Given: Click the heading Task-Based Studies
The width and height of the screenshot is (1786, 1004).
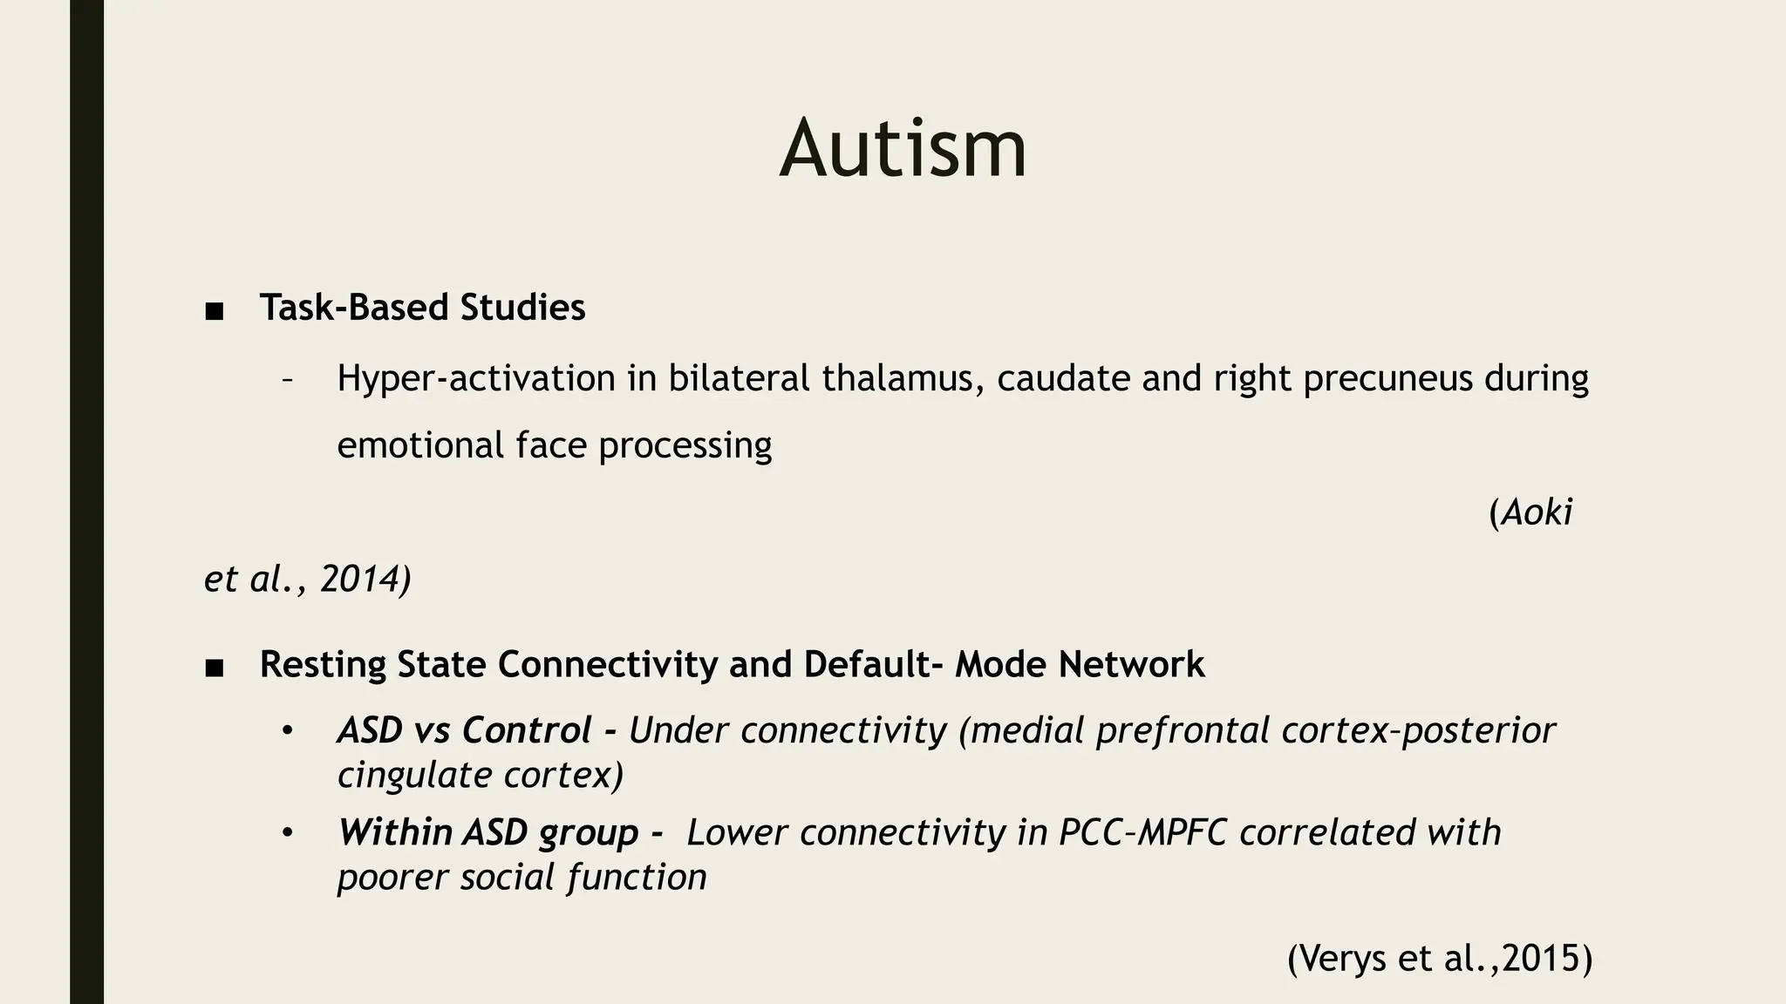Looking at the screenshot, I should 422,308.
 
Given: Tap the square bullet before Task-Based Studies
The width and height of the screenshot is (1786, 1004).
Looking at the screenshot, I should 215,311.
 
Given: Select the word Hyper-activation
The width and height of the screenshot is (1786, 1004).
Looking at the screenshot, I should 476,378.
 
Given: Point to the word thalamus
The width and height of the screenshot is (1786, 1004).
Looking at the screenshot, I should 903,378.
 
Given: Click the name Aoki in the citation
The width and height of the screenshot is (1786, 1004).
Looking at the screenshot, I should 1537,512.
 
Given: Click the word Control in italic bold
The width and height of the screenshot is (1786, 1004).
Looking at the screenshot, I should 527,730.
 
